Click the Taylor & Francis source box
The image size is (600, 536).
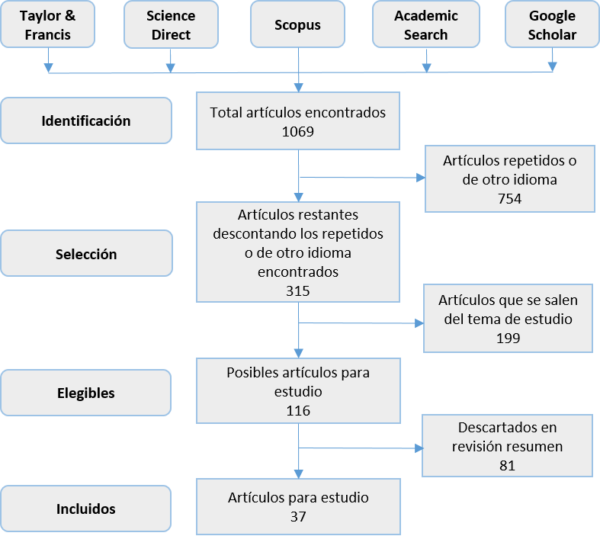[x=48, y=25]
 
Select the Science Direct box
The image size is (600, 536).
[x=171, y=25]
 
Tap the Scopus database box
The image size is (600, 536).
[x=297, y=25]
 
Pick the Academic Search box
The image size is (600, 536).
[x=426, y=25]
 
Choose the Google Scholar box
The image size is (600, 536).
[x=552, y=25]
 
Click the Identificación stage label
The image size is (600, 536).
[x=86, y=120]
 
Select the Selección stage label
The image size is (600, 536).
[x=86, y=254]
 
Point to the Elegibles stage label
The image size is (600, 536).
[x=86, y=393]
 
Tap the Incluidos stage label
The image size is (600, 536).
[x=86, y=509]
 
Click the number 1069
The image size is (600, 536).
[x=297, y=131]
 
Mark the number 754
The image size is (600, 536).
[x=509, y=199]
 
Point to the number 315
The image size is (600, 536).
[x=297, y=290]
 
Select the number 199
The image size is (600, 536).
[x=508, y=338]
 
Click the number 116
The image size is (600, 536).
[x=297, y=410]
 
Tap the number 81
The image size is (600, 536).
[x=508, y=465]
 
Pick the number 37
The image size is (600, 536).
[x=297, y=516]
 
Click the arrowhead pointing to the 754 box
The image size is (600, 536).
[x=419, y=178]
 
